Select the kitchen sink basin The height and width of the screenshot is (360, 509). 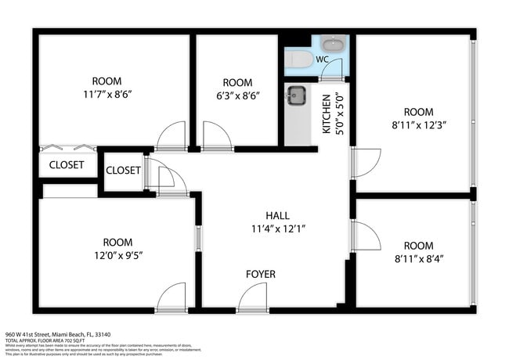pyautogui.click(x=296, y=95)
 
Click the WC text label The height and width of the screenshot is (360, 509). pyautogui.click(x=323, y=59)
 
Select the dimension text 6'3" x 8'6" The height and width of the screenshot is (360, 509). pyautogui.click(x=237, y=95)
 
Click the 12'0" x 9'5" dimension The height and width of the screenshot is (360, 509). pyautogui.click(x=117, y=255)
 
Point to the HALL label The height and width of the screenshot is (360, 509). pyautogui.click(x=277, y=216)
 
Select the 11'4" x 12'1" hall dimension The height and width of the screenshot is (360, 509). pyautogui.click(x=277, y=229)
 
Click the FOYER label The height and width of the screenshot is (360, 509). pyautogui.click(x=261, y=275)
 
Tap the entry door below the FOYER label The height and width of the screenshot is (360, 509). pyautogui.click(x=253, y=299)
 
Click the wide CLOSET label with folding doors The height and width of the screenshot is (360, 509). pyautogui.click(x=67, y=165)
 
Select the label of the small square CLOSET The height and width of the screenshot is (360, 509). pyautogui.click(x=123, y=171)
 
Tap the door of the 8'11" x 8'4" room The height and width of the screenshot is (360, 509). pyautogui.click(x=366, y=236)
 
